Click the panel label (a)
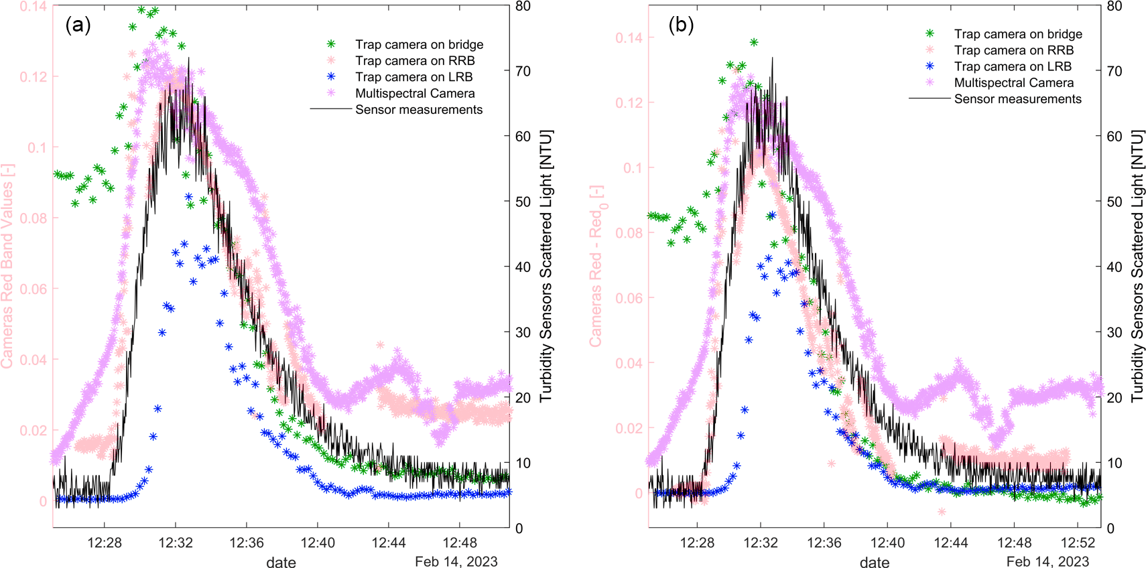(78, 25)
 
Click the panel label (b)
(681, 25)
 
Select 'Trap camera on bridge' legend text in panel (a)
(419, 45)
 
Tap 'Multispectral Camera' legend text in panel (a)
(415, 94)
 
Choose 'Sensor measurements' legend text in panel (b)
(1017, 99)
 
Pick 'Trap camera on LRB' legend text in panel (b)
(1013, 66)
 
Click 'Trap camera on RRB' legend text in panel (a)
(415, 61)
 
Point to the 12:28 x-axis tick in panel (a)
(105, 543)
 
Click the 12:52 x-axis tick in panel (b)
(1078, 543)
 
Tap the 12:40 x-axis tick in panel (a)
(318, 543)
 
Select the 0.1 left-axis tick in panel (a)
(37, 147)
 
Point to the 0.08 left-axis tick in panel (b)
(629, 233)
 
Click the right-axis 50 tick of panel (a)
(523, 202)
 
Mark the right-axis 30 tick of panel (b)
(1114, 332)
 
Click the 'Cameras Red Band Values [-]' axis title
(7, 266)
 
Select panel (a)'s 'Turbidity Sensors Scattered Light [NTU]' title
(546, 266)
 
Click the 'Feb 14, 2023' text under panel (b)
(1047, 561)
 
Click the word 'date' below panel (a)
(281, 562)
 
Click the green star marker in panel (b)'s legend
(930, 33)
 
